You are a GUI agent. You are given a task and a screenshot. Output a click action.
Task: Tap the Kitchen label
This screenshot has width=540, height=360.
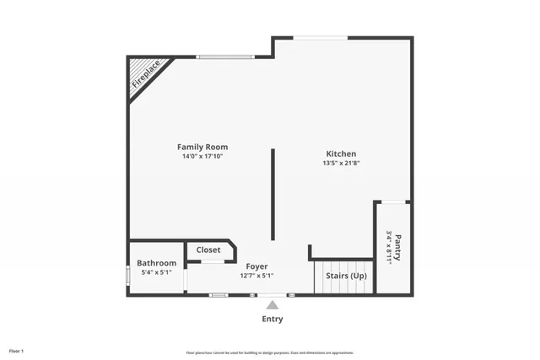pyautogui.click(x=341, y=153)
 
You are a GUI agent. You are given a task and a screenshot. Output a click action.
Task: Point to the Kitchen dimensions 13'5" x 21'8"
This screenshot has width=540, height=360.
pyautogui.click(x=341, y=163)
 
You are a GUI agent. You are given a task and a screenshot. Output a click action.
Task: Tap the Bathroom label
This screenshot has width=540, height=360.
pyautogui.click(x=157, y=263)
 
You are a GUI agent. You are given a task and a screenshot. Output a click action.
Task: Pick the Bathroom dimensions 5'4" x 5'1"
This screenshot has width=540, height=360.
pyautogui.click(x=156, y=272)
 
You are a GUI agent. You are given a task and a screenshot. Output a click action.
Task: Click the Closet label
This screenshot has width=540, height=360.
pyautogui.click(x=208, y=250)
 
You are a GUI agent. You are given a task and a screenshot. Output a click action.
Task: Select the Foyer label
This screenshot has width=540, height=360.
pyautogui.click(x=256, y=266)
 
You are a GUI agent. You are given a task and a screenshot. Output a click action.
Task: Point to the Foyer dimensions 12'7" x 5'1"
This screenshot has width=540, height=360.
pyautogui.click(x=256, y=276)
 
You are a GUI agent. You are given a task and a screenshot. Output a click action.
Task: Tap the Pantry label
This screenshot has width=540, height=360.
pyautogui.click(x=398, y=248)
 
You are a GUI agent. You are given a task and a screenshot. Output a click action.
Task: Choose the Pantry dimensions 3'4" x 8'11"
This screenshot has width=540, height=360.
pyautogui.click(x=389, y=248)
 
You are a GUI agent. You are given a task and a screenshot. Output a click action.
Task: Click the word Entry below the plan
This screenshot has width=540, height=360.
pyautogui.click(x=272, y=319)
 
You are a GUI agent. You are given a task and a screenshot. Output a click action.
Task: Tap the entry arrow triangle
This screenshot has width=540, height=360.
pyautogui.click(x=272, y=304)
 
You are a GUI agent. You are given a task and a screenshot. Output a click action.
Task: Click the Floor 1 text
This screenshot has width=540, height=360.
pyautogui.click(x=17, y=350)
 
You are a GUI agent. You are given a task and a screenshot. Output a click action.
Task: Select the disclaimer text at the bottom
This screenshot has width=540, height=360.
pyautogui.click(x=270, y=352)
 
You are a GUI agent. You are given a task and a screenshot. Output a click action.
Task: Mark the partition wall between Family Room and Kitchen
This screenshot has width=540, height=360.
pyautogui.click(x=272, y=194)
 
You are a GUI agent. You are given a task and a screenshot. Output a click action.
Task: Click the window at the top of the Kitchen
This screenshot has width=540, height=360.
pyautogui.click(x=321, y=37)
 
